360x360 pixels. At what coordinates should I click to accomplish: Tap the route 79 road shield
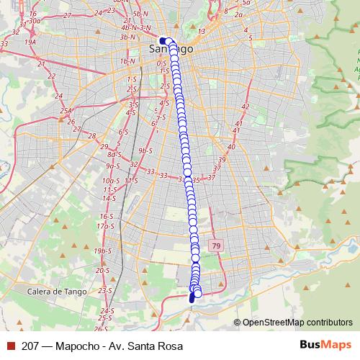tap(215, 247)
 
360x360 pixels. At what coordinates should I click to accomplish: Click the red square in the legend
tap(10, 346)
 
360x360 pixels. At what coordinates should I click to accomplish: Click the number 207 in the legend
tap(30, 346)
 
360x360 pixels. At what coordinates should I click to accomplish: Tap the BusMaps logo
tap(324, 346)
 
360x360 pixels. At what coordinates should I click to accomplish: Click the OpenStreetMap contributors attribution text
tap(297, 323)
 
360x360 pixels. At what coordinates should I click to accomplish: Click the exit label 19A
tap(30, 42)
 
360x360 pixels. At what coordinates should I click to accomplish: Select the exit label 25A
tap(66, 110)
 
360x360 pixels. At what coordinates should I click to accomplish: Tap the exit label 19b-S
tap(104, 250)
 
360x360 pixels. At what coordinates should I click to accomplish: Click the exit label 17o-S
tap(106, 226)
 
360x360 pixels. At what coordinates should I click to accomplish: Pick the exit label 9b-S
tap(146, 150)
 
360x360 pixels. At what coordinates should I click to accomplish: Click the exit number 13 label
tap(202, 31)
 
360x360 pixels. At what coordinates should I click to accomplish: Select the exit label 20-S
tap(103, 270)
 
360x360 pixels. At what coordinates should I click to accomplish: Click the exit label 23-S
tap(104, 290)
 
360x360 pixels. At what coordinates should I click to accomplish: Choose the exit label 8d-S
tap(114, 154)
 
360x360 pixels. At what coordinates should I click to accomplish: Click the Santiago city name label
tap(171, 49)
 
